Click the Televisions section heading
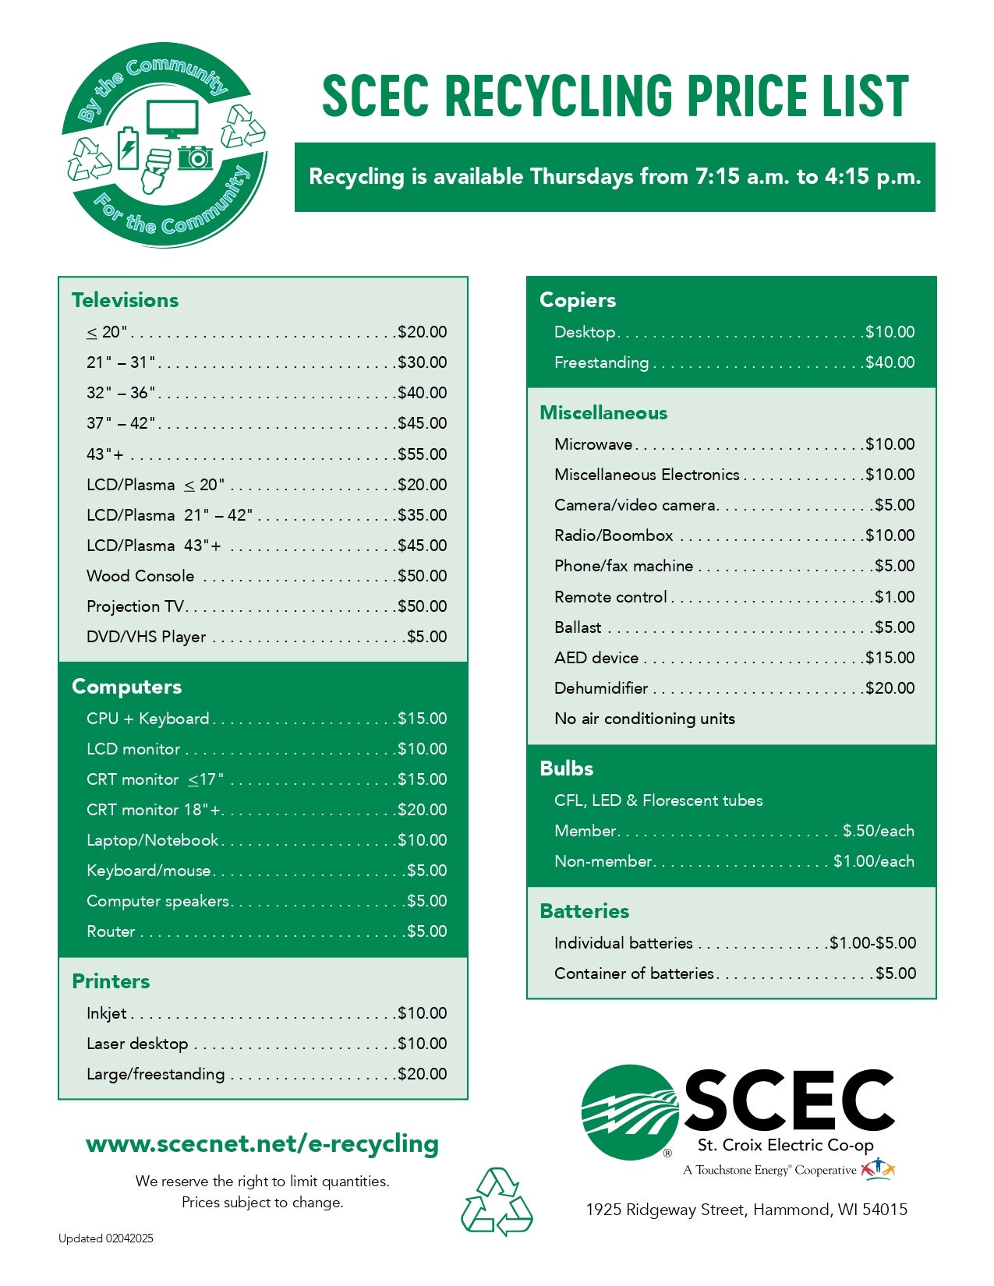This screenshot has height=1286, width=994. coord(125,300)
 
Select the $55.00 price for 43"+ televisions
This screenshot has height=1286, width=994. coord(423,454)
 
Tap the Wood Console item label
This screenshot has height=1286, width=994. coord(140,576)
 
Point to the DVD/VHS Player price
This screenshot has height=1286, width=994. coord(427,637)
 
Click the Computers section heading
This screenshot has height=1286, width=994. coord(126,687)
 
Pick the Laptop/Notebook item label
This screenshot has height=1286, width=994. coord(153,840)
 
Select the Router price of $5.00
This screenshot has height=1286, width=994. coord(427,931)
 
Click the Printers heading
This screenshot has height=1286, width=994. coord(111,981)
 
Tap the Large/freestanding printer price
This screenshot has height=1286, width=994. coord(423,1074)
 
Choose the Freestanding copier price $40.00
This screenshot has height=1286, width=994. coord(890,362)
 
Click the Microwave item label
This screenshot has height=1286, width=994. coord(593,444)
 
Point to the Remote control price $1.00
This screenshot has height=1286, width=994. coord(895,597)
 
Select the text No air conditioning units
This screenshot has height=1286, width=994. coord(645,719)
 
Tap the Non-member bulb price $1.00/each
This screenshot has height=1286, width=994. coord(874,861)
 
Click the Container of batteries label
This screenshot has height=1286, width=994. coord(634,973)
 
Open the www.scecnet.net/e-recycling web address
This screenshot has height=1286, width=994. coord(262,1143)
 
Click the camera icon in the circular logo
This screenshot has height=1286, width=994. coord(195,157)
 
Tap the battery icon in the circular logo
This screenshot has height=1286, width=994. coord(127,148)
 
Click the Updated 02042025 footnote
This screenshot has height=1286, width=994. coord(106,1238)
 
